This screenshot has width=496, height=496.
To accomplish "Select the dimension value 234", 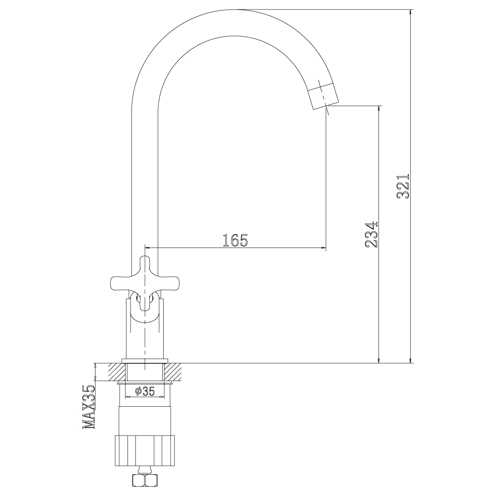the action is [372, 235].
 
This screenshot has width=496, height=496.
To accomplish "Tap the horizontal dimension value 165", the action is [235, 241].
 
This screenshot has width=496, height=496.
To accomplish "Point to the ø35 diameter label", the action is [145, 391].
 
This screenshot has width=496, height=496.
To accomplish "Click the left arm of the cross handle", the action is [120, 283].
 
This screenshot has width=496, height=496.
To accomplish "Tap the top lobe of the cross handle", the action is [144, 264].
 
